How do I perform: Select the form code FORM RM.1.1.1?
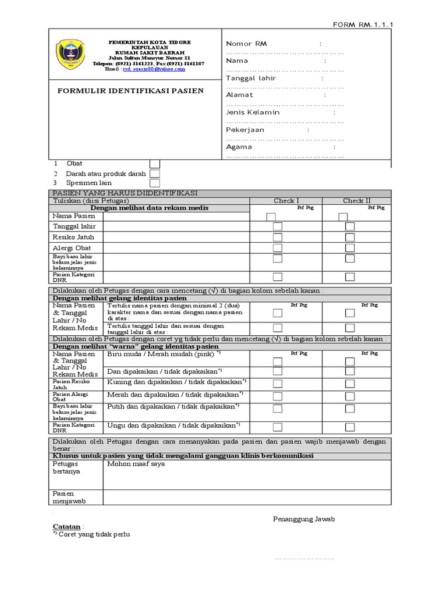367,24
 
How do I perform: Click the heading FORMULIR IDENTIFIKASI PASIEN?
130,91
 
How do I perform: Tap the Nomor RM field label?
246,44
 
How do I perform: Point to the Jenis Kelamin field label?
253,112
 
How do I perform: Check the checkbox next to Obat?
155,164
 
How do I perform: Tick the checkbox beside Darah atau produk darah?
155,173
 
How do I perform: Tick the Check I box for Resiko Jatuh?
278,237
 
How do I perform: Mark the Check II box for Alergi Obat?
350,248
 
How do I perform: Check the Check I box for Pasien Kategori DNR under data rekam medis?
278,276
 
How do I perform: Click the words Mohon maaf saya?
136,464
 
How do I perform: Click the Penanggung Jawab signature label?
303,519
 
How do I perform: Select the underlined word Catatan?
66,527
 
